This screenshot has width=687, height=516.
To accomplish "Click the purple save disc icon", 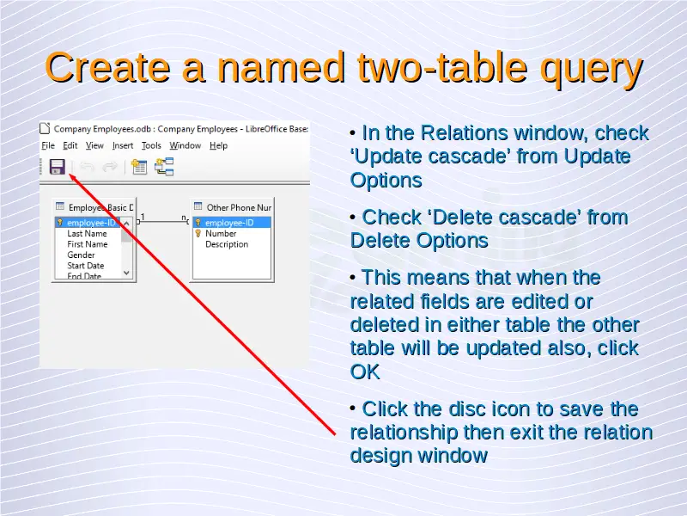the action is pyautogui.click(x=58, y=167).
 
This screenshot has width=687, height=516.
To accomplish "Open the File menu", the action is pyautogui.click(x=48, y=145).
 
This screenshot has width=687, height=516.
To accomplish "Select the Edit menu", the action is pyautogui.click(x=70, y=145).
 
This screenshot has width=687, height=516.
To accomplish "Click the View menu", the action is pyautogui.click(x=94, y=145).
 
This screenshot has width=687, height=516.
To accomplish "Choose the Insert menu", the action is pyautogui.click(x=123, y=145).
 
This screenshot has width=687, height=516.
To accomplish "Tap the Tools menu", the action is pyautogui.click(x=152, y=145).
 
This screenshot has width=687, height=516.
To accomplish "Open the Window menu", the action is pyautogui.click(x=185, y=145).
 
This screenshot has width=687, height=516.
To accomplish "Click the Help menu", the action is pyautogui.click(x=219, y=145).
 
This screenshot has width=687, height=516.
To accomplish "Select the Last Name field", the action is pyautogui.click(x=87, y=233).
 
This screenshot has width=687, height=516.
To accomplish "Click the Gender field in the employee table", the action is pyautogui.click(x=81, y=255).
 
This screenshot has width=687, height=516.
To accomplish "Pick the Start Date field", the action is pyautogui.click(x=85, y=266).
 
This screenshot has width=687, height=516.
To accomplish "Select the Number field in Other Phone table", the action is pyautogui.click(x=221, y=233).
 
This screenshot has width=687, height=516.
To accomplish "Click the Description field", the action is pyautogui.click(x=227, y=244).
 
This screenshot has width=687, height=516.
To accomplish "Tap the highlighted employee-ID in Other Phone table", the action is pyautogui.click(x=229, y=223).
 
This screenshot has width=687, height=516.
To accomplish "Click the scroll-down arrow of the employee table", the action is pyautogui.click(x=126, y=273).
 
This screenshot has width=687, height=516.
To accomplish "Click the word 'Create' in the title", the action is pyautogui.click(x=107, y=67).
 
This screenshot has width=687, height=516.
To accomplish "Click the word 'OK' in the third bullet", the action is pyautogui.click(x=365, y=372).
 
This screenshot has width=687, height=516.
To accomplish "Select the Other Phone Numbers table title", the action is pyautogui.click(x=239, y=207).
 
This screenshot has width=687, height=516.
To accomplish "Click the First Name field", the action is pyautogui.click(x=88, y=244).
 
